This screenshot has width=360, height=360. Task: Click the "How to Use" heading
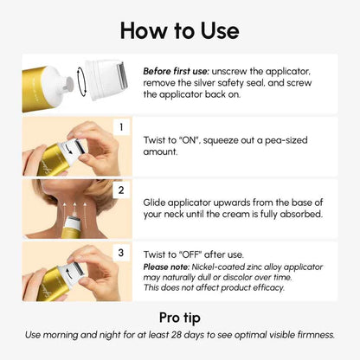point(179,30)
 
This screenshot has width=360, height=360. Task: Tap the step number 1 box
point(123,127)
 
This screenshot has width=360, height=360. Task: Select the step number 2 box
point(123,189)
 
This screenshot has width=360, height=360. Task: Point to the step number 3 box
point(123,252)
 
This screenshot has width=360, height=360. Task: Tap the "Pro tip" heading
point(180,317)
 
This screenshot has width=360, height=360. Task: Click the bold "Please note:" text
point(169,267)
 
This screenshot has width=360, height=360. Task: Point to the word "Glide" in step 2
point(157,200)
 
